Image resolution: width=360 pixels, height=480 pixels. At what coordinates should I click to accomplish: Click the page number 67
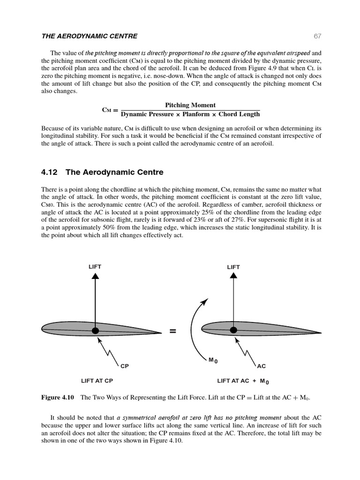tap(317, 36)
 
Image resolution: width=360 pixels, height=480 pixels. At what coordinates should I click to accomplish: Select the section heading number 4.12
tap(49, 172)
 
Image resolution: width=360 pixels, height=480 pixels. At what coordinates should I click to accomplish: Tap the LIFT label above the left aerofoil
tap(95, 267)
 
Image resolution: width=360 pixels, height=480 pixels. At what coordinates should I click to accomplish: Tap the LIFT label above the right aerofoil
tap(233, 267)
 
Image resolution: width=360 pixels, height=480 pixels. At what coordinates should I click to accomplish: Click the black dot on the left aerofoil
tap(95, 330)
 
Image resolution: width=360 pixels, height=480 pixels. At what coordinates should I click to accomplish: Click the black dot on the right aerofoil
tap(233, 330)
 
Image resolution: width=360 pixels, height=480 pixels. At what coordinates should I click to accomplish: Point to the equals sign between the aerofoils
tap(173, 331)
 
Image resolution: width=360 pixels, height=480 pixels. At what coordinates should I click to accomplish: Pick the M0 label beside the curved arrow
tap(213, 360)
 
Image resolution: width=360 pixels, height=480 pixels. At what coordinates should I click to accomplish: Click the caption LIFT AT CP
tap(97, 381)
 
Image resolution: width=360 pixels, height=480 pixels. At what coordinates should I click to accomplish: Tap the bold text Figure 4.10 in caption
tap(58, 398)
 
